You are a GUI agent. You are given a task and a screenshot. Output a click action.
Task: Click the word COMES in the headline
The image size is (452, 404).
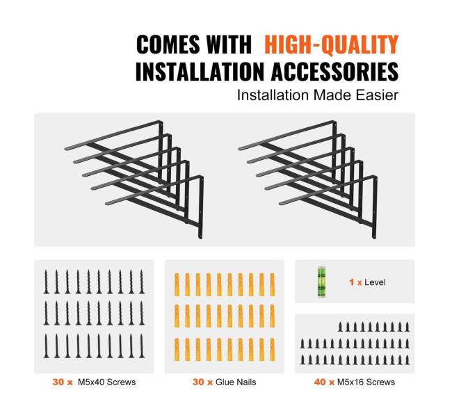[x=169, y=44]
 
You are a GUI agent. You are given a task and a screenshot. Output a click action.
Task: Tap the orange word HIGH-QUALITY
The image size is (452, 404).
[x=332, y=45]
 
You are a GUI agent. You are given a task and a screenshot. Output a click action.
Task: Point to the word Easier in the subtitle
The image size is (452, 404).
[x=377, y=95]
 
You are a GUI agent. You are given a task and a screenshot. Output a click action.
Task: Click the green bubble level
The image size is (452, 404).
[x=321, y=282]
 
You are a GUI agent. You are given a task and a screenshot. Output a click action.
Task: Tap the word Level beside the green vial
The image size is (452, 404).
[x=375, y=282]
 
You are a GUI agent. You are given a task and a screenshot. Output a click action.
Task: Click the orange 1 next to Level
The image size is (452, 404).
[x=351, y=282]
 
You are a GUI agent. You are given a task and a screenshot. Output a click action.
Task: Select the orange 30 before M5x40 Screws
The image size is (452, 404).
[x=58, y=382]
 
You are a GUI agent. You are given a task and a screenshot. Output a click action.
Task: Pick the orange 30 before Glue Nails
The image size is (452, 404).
[x=198, y=382]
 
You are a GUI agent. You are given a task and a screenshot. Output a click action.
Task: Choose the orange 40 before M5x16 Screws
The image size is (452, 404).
[x=320, y=382]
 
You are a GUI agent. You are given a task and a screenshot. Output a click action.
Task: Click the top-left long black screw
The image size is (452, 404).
[x=46, y=282]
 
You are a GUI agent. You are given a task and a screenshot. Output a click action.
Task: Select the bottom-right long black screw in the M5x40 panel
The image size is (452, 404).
[x=142, y=346]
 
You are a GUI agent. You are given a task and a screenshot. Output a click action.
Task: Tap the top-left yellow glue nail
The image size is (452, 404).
[x=177, y=285]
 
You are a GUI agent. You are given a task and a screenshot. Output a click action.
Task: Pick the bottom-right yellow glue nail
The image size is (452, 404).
[x=272, y=350]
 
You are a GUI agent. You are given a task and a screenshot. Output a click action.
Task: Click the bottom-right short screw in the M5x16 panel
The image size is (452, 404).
[x=407, y=359]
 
